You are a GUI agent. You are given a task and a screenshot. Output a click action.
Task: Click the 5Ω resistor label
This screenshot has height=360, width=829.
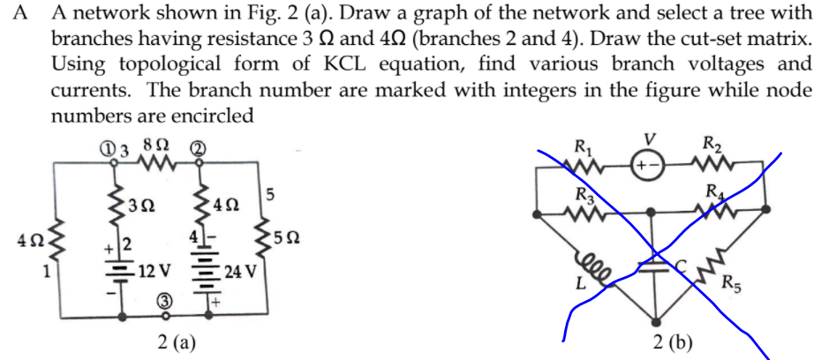click(x=297, y=237)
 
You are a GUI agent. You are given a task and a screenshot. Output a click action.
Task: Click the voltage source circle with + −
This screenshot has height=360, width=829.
click(x=650, y=165)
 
